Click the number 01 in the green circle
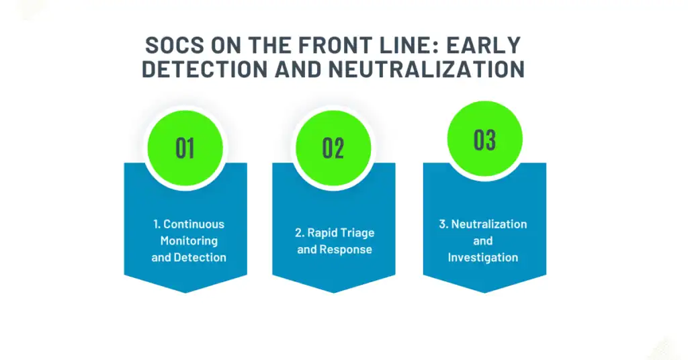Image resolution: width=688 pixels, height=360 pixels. click(x=185, y=148)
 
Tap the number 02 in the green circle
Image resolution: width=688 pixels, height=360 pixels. click(x=333, y=148)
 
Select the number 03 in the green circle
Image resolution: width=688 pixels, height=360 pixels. click(x=484, y=140)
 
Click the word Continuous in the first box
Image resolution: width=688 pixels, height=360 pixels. click(x=193, y=224)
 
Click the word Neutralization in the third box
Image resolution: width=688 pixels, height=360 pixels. click(x=489, y=224)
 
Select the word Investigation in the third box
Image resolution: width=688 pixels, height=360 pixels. click(x=483, y=257)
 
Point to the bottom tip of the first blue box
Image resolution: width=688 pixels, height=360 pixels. click(x=185, y=291)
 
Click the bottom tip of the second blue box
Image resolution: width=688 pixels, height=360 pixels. click(x=333, y=291)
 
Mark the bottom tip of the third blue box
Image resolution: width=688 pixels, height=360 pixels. click(x=484, y=291)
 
